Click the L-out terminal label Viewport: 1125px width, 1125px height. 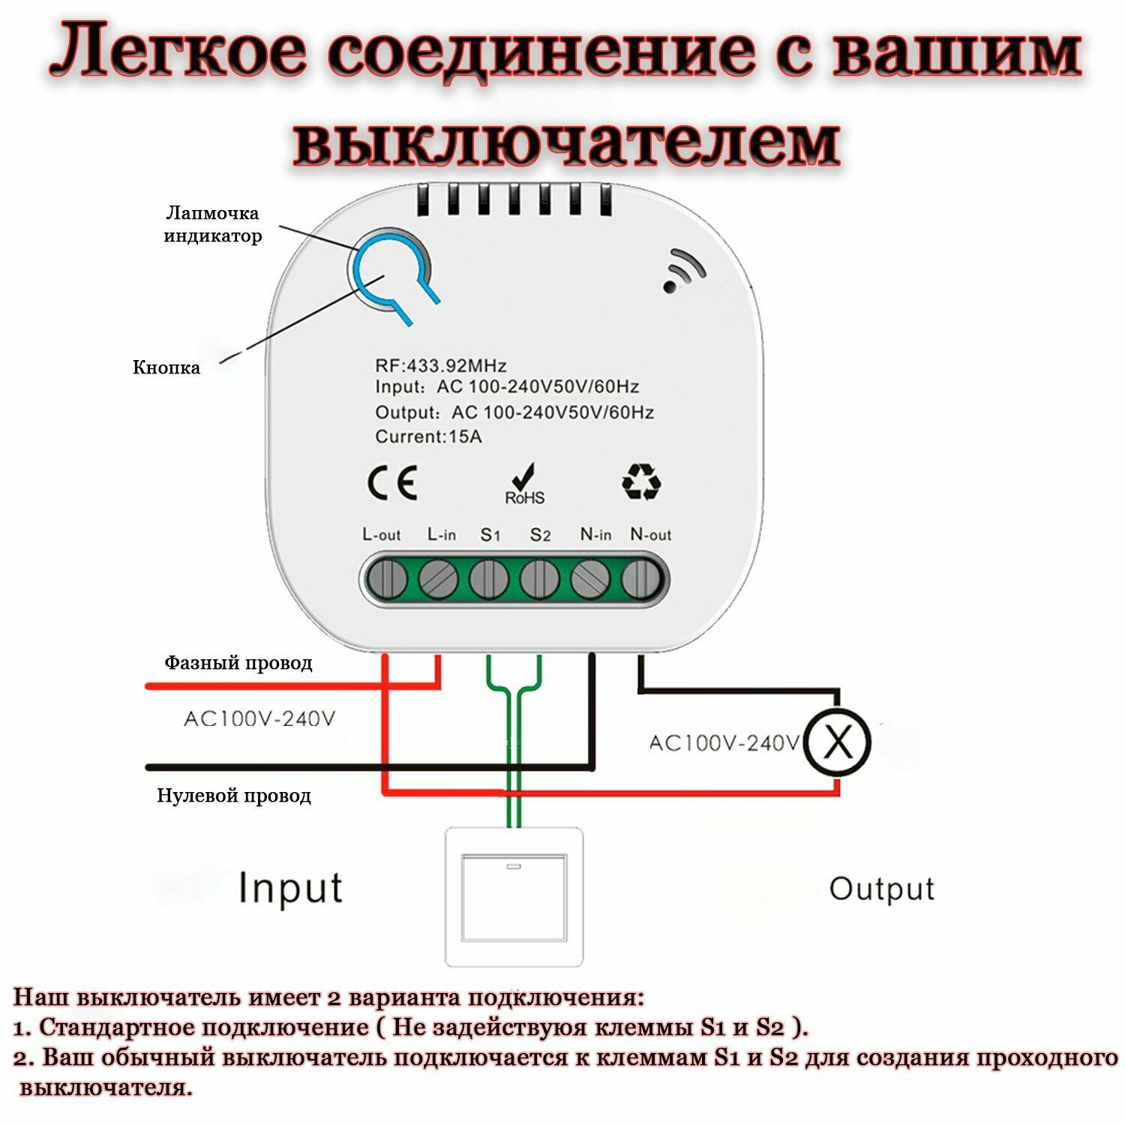pyautogui.click(x=381, y=535)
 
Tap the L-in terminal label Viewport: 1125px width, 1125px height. pyautogui.click(x=441, y=535)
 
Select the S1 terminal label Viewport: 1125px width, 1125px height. pyautogui.click(x=490, y=535)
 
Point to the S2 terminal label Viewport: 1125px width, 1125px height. pyautogui.click(x=540, y=535)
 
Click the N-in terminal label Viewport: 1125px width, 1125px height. pyautogui.click(x=595, y=535)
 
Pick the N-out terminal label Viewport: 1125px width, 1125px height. pyautogui.click(x=650, y=535)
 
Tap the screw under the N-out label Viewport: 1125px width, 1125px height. pyautogui.click(x=640, y=580)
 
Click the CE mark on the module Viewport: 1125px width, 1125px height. pyautogui.click(x=392, y=484)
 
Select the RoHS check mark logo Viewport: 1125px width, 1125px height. pyautogui.click(x=525, y=484)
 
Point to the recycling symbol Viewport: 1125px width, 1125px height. pyautogui.click(x=641, y=481)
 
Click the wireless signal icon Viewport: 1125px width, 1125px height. pyautogui.click(x=683, y=271)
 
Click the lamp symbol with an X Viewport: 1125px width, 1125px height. pyautogui.click(x=838, y=742)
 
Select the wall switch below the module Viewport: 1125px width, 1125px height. pyautogui.click(x=514, y=896)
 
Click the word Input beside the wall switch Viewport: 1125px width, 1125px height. pyautogui.click(x=290, y=889)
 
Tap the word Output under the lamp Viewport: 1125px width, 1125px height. pyautogui.click(x=882, y=889)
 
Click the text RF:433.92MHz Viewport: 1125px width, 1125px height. pyautogui.click(x=441, y=366)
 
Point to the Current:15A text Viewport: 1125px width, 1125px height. pyautogui.click(x=428, y=436)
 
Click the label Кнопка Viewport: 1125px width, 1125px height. pyautogui.click(x=166, y=367)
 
